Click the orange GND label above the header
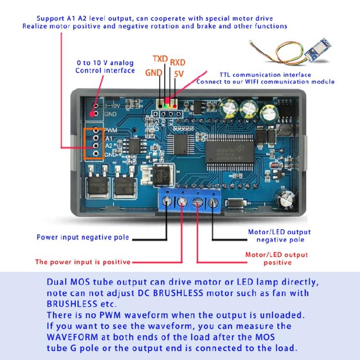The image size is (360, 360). tap(154, 72)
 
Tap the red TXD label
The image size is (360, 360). tap(160, 59)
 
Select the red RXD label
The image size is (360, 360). tap(178, 62)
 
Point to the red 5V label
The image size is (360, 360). tap(179, 74)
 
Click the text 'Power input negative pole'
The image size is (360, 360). tap(84, 238)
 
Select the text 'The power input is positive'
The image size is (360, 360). tap(83, 262)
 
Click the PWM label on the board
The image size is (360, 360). tap(111, 130)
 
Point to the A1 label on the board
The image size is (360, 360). tap(108, 137)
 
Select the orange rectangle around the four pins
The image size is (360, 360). tap(94, 144)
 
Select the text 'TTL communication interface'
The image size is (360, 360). tap(265, 75)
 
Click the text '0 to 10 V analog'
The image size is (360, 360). tap(105, 63)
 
